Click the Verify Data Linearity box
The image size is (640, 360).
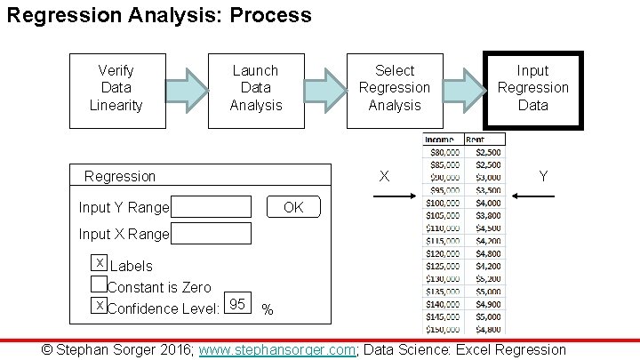pos(116,88)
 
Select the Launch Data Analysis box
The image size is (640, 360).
pos(255,88)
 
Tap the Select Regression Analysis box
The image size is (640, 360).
pos(394,88)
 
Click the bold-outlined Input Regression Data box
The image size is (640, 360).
pos(532,88)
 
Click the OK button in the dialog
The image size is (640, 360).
pos(293,207)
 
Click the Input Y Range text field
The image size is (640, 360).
pos(212,207)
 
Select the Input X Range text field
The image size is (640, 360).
pos(212,234)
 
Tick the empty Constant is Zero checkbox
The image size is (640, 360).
pos(100,284)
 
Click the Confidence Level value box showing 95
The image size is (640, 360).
pos(237,304)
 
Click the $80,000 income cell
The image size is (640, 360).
pos(442,152)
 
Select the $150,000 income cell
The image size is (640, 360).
pos(442,328)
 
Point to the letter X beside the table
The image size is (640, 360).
pos(384,177)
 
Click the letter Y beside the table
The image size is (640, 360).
pos(543,177)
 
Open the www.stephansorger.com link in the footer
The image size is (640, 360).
pos(276,350)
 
